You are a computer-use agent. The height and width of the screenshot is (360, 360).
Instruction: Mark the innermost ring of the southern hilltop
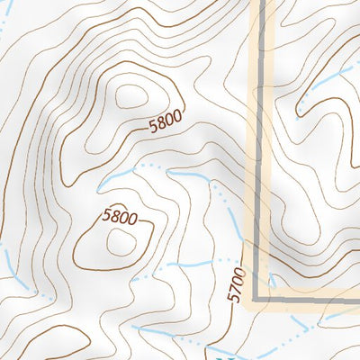point(118,240)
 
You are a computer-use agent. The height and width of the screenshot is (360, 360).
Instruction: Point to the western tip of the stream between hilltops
point(101,187)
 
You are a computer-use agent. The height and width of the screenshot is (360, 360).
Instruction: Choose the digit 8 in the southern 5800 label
point(114,217)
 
